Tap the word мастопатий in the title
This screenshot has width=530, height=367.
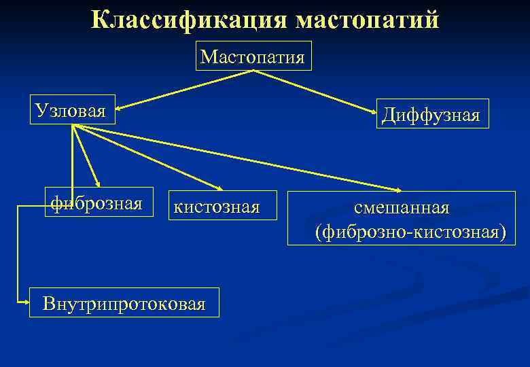point(367,20)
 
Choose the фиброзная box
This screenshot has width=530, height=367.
point(97,203)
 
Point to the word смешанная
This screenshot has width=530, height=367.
point(401,206)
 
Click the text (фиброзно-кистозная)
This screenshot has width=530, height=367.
point(411,232)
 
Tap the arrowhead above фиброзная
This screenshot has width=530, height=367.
point(99,183)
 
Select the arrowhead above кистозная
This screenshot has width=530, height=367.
point(219,188)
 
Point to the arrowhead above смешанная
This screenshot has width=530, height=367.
point(399,188)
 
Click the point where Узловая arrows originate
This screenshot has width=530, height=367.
point(73,125)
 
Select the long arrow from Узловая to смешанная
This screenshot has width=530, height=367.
point(238,157)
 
